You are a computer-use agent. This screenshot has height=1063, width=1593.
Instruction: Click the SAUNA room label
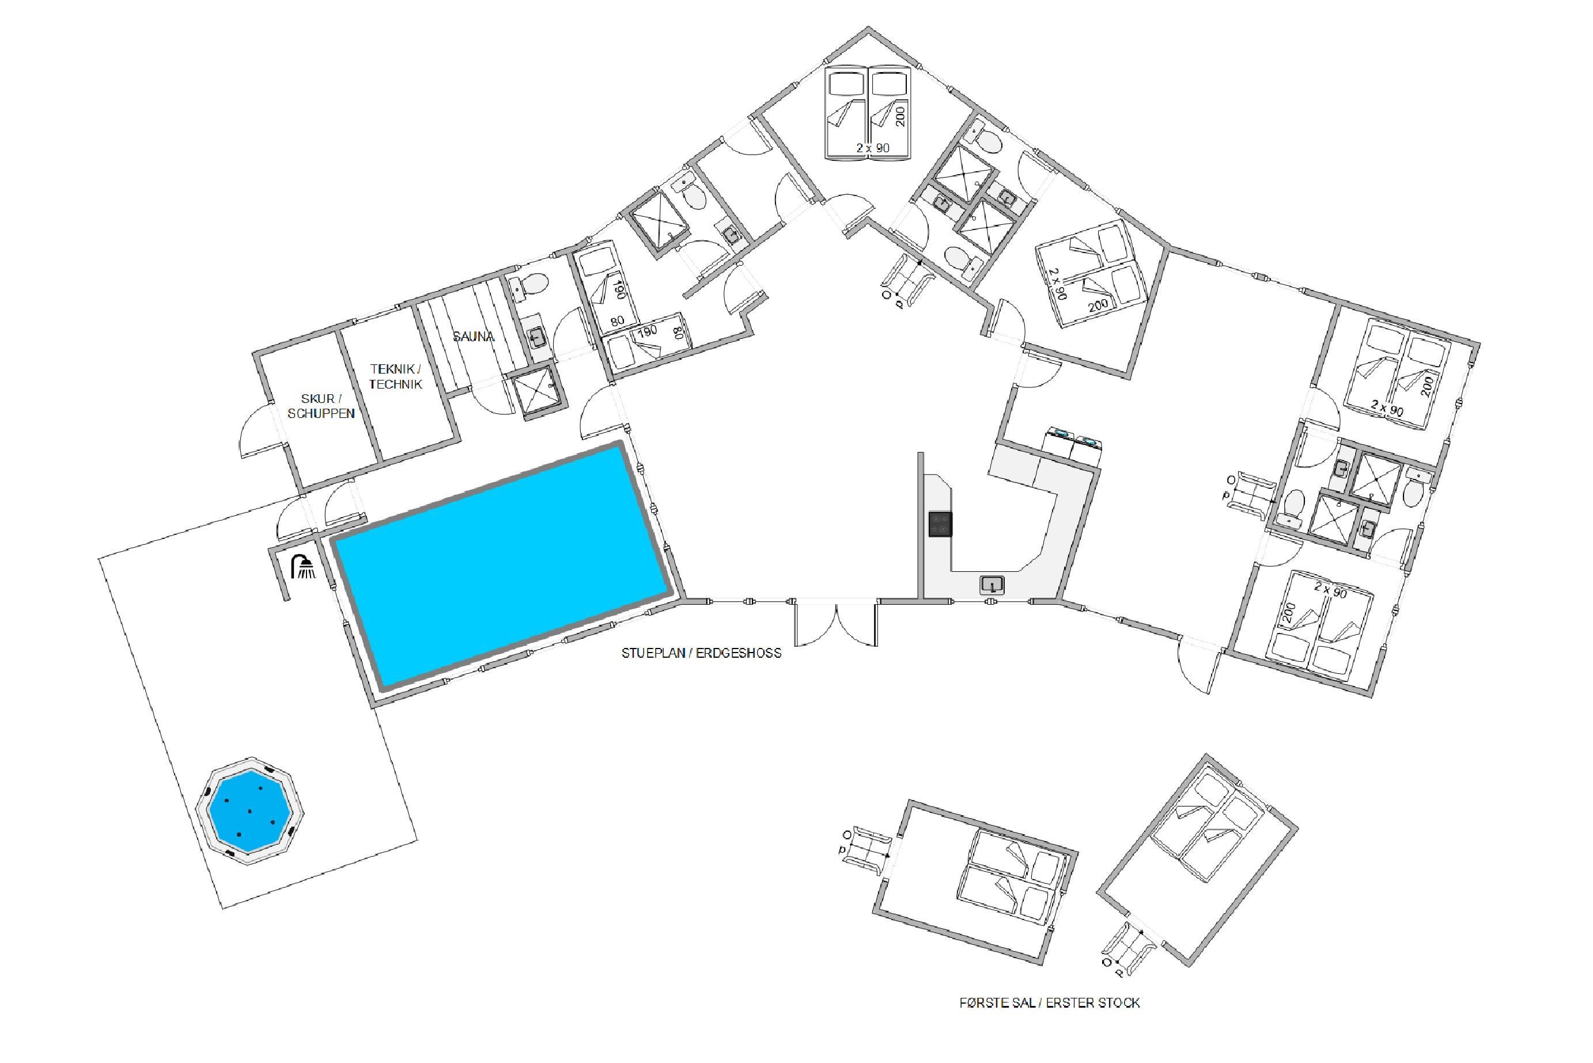click(473, 336)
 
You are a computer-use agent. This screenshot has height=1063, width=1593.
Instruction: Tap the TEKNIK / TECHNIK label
click(396, 376)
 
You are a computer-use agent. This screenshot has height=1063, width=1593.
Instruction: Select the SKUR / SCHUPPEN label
click(321, 406)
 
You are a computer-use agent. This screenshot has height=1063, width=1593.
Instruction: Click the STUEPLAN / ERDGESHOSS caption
click(701, 653)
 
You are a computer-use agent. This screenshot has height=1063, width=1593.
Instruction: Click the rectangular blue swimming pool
click(502, 567)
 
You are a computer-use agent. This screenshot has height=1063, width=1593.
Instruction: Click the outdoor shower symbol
click(304, 566)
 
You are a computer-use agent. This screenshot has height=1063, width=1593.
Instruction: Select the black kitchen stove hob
click(940, 524)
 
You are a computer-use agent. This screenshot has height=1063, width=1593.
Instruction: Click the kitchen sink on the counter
click(992, 585)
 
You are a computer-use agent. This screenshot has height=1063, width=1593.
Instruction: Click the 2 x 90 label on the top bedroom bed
click(873, 148)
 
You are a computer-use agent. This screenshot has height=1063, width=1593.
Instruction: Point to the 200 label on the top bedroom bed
click(900, 116)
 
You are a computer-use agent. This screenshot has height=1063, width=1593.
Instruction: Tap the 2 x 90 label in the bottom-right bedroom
click(1330, 590)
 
